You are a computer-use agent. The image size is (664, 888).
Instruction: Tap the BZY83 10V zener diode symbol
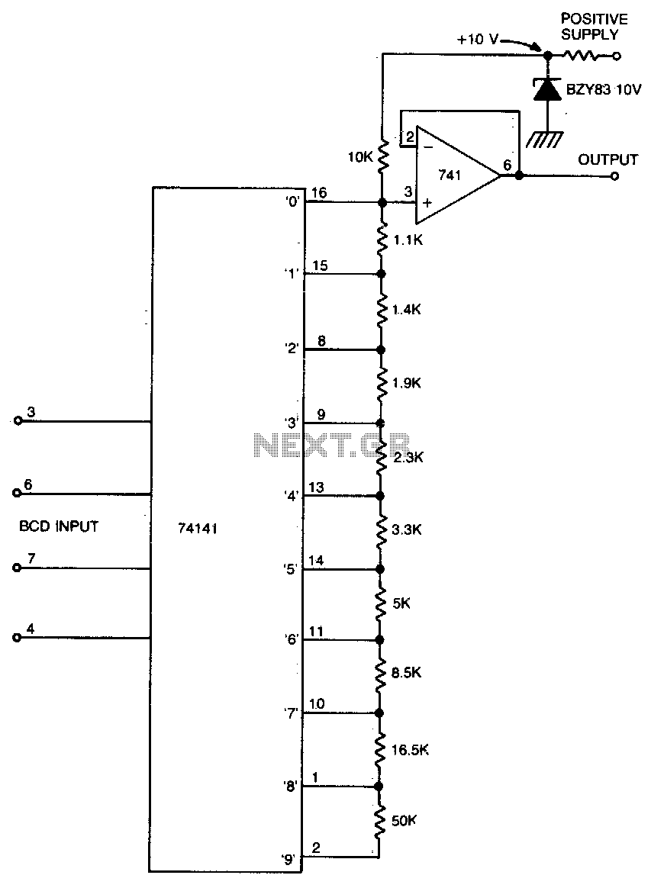tap(546, 90)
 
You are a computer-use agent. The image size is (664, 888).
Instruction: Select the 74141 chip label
tap(198, 529)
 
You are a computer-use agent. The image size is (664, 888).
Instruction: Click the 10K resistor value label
tap(359, 157)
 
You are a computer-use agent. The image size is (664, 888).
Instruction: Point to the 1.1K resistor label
tap(408, 240)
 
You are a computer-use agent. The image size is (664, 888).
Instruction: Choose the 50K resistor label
tap(404, 821)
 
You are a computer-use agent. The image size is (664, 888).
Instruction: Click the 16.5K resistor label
tap(410, 751)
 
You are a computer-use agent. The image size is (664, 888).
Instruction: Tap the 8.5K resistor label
tap(406, 673)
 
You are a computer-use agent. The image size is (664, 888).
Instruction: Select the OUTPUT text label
tap(608, 160)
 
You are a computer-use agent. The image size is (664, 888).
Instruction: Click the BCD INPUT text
tap(59, 526)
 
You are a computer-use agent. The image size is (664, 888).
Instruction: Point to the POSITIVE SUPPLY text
tap(595, 27)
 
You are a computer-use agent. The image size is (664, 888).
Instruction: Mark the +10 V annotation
tap(478, 40)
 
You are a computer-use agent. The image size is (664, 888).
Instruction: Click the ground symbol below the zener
tap(544, 139)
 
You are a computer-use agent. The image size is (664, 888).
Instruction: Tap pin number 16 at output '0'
tap(319, 193)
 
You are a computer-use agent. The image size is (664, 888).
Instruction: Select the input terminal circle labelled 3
tap(18, 421)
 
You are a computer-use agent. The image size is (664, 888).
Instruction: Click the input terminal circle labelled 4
tap(17, 638)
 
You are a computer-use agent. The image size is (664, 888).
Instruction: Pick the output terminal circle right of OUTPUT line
tap(614, 176)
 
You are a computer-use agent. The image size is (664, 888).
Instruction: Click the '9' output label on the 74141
tap(289, 861)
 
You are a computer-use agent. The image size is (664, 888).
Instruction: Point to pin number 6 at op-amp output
tap(507, 165)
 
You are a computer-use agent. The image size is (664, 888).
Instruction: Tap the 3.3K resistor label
tap(407, 530)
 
